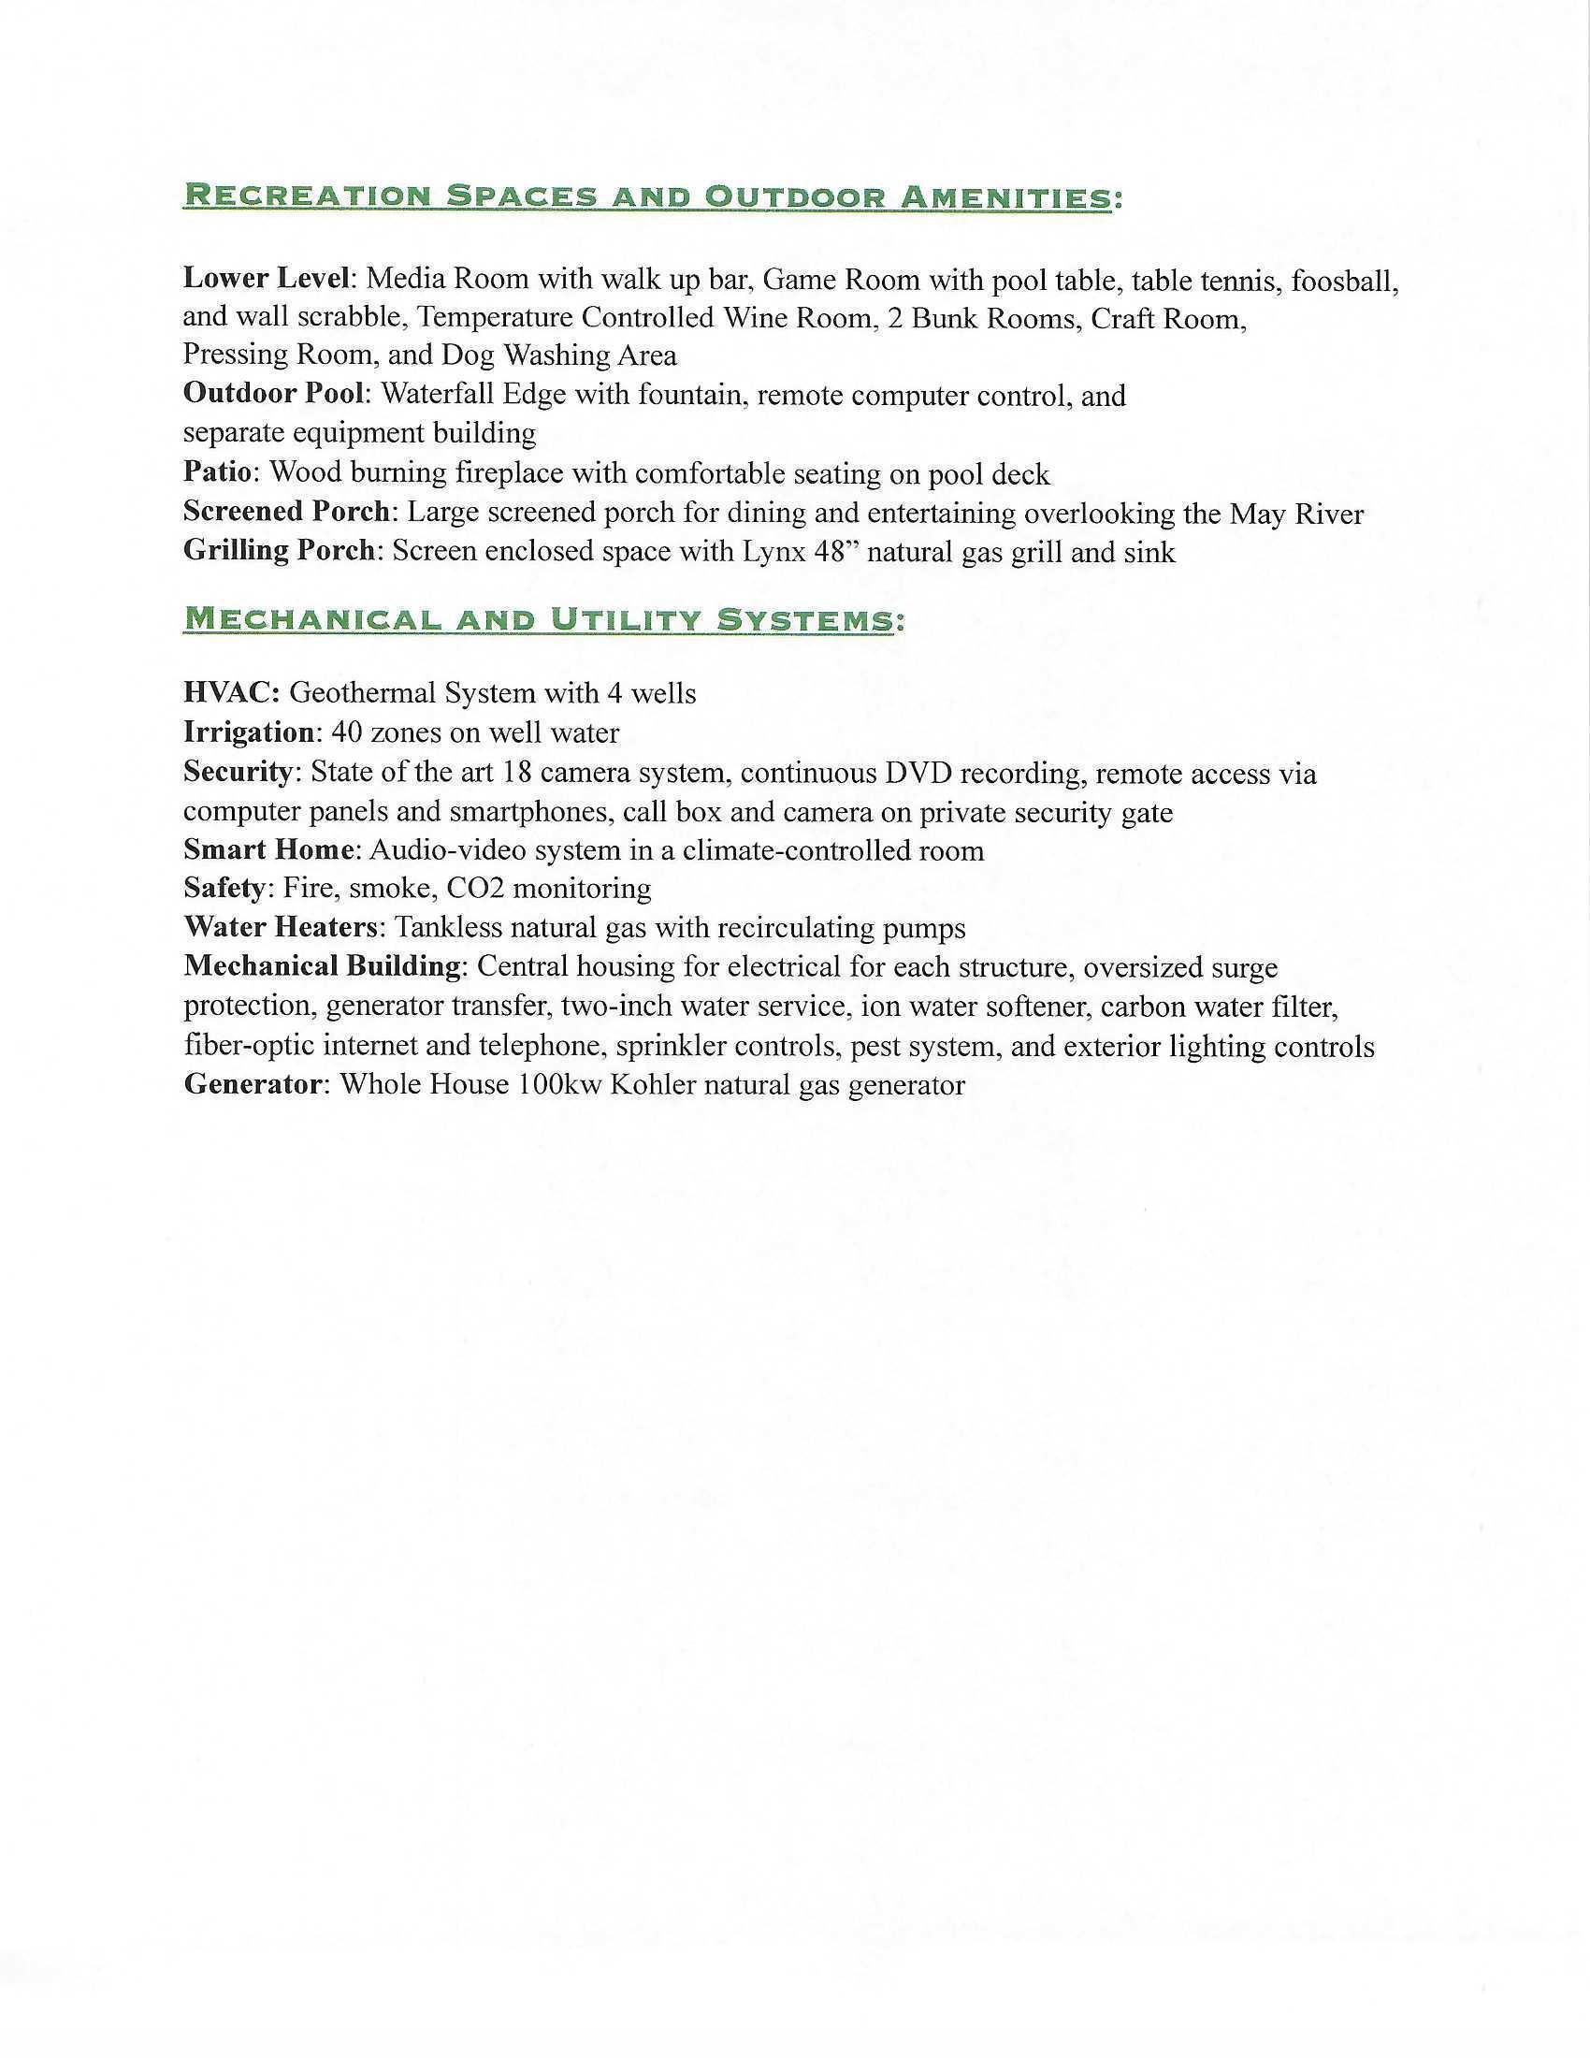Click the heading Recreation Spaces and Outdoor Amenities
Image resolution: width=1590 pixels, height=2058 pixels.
point(646,197)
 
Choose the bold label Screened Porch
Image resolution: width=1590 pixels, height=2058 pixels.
point(285,512)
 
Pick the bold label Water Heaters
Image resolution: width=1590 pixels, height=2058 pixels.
point(280,928)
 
